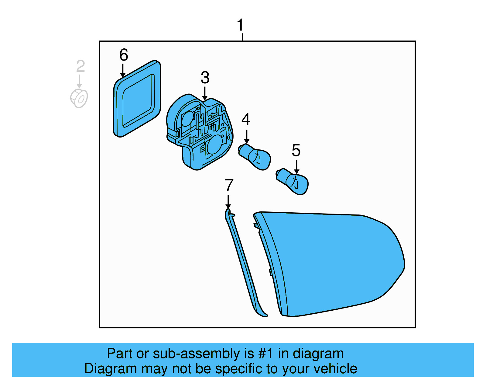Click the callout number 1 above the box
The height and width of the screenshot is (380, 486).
click(x=240, y=25)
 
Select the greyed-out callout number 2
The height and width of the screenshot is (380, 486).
click(x=80, y=66)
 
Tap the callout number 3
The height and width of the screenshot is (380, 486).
click(x=205, y=78)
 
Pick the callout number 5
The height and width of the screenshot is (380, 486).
click(x=296, y=150)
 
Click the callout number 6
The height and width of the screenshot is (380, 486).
click(x=124, y=55)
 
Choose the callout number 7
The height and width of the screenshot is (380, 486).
click(x=229, y=185)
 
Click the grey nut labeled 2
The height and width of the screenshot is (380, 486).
click(x=79, y=98)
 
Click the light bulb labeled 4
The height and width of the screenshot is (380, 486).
click(x=255, y=156)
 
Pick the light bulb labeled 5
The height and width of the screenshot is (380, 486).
click(x=293, y=181)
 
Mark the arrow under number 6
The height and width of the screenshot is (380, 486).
click(x=123, y=71)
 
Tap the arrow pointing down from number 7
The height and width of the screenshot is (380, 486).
click(x=228, y=202)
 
